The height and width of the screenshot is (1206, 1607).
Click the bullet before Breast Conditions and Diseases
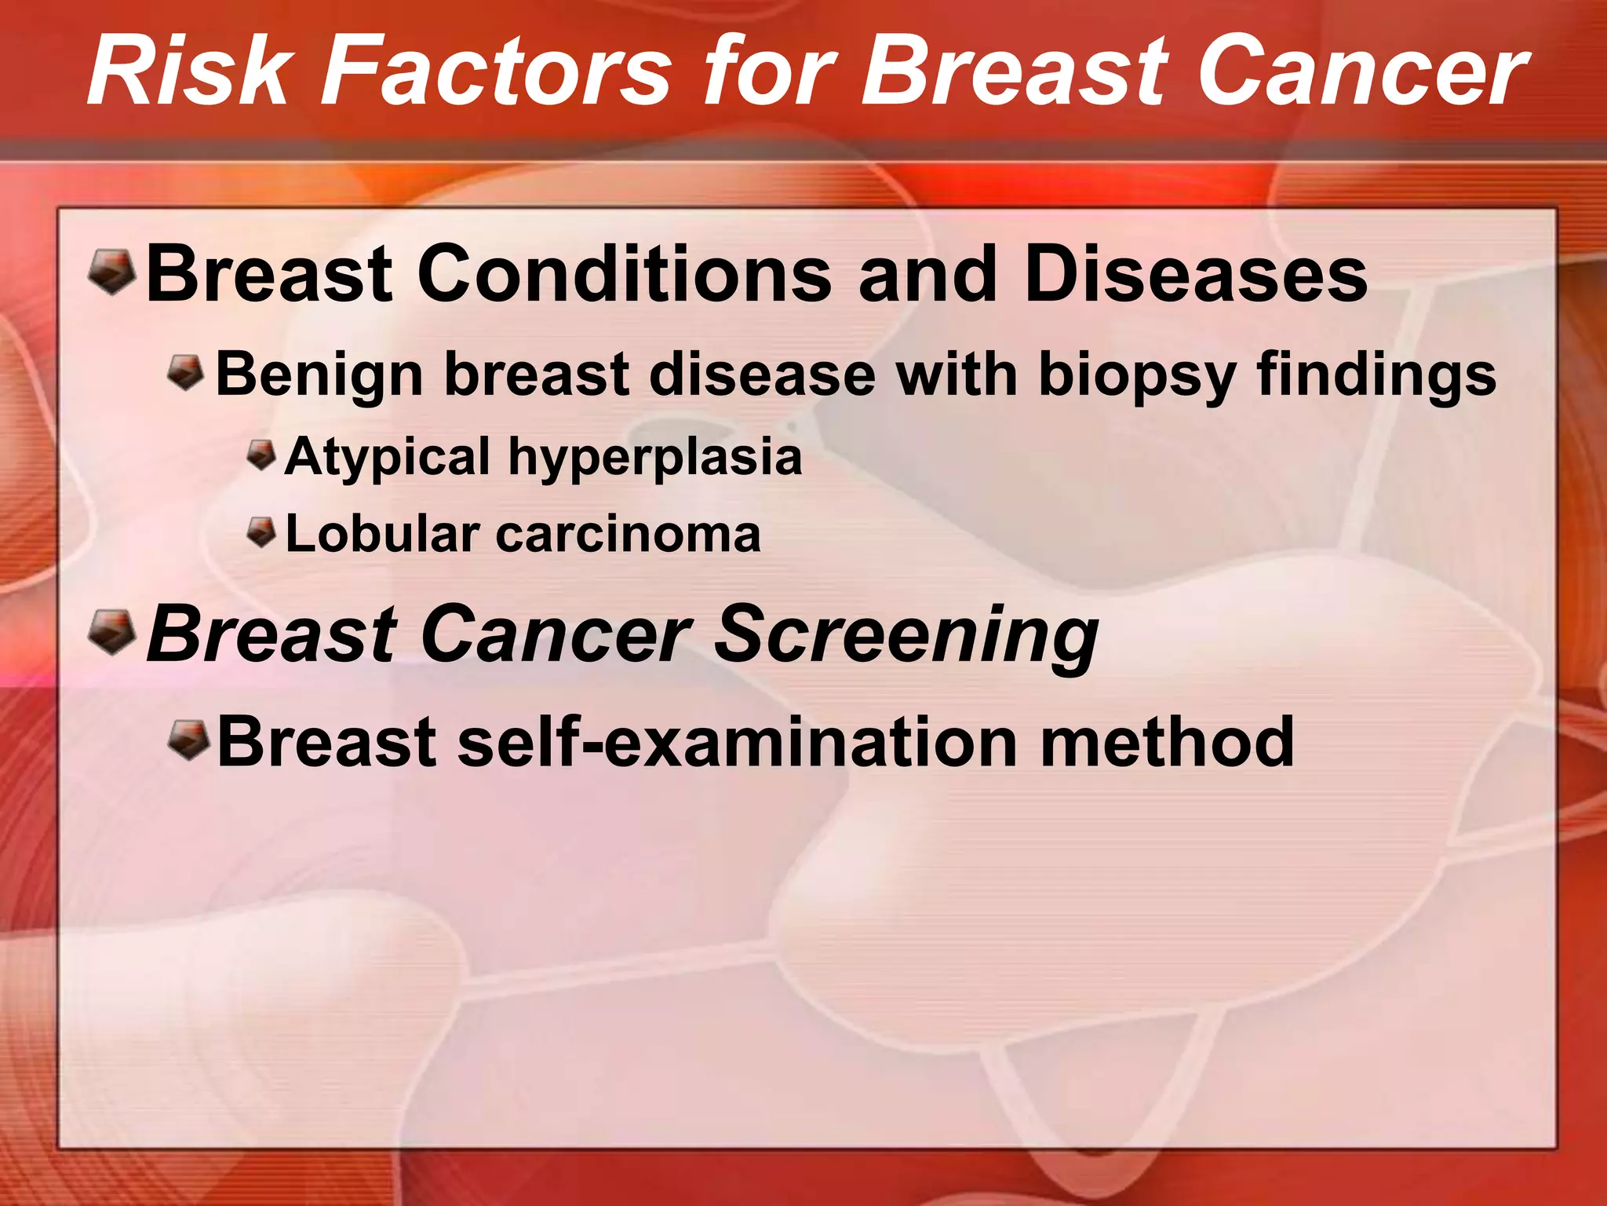[111, 271]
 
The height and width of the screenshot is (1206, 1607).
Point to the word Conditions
[625, 274]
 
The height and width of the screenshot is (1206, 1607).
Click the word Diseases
[1196, 274]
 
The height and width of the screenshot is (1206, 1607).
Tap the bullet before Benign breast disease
[186, 371]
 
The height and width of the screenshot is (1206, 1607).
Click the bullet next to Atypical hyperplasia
[261, 454]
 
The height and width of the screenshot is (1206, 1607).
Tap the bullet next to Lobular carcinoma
[261, 532]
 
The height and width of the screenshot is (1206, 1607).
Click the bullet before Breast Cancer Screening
[111, 631]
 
